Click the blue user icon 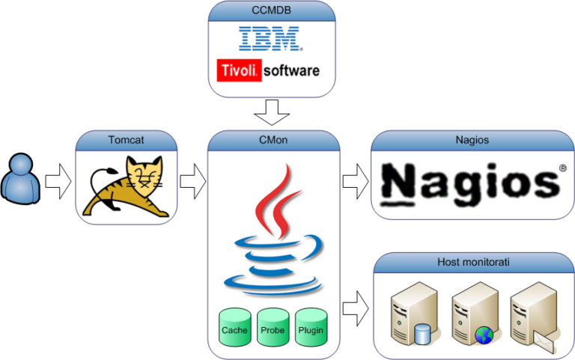pyautogui.click(x=20, y=179)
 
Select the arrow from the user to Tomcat pyautogui.click(x=58, y=181)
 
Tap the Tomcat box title pyautogui.click(x=126, y=140)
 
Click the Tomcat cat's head pyautogui.click(x=144, y=172)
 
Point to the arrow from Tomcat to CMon pyautogui.click(x=192, y=181)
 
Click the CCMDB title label pyautogui.click(x=271, y=10)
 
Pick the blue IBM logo pyautogui.click(x=270, y=38)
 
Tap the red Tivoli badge pyautogui.click(x=239, y=70)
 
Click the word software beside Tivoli pyautogui.click(x=291, y=70)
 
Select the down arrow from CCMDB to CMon pyautogui.click(x=272, y=112)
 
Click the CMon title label pyautogui.click(x=273, y=140)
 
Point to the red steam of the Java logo pyautogui.click(x=279, y=201)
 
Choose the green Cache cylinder pyautogui.click(x=235, y=327)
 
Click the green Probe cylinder pyautogui.click(x=273, y=327)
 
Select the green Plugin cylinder pyautogui.click(x=311, y=327)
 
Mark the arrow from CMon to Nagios pyautogui.click(x=356, y=181)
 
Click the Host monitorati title pyautogui.click(x=473, y=262)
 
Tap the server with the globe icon pyautogui.click(x=474, y=314)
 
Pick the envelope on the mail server pyautogui.click(x=544, y=341)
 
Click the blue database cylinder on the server pyautogui.click(x=422, y=334)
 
